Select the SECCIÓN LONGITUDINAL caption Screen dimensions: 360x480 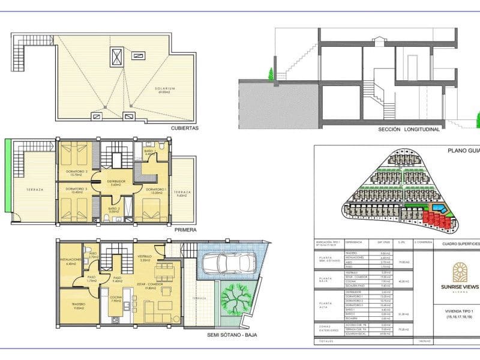coord(409,128)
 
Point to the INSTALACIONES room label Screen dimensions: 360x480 coord(71,261)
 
